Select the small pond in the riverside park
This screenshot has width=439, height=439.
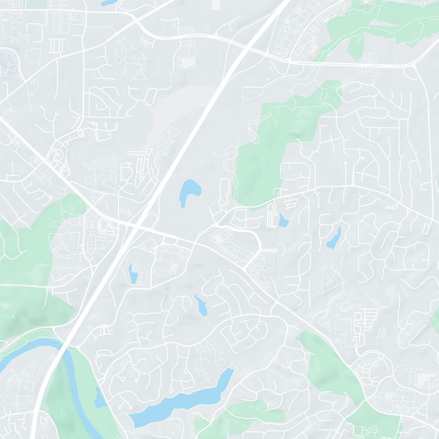pyautogui.click(x=99, y=397)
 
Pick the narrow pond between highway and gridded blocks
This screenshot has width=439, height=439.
pyautogui.click(x=132, y=273)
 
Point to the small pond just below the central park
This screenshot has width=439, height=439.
pyautogui.click(x=283, y=221)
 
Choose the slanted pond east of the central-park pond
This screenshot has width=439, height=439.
pyautogui.click(x=334, y=238)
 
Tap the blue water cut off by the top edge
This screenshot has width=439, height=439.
pyautogui.click(x=108, y=2)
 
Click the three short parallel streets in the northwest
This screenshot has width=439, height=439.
pyautogui.click(x=54, y=44)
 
